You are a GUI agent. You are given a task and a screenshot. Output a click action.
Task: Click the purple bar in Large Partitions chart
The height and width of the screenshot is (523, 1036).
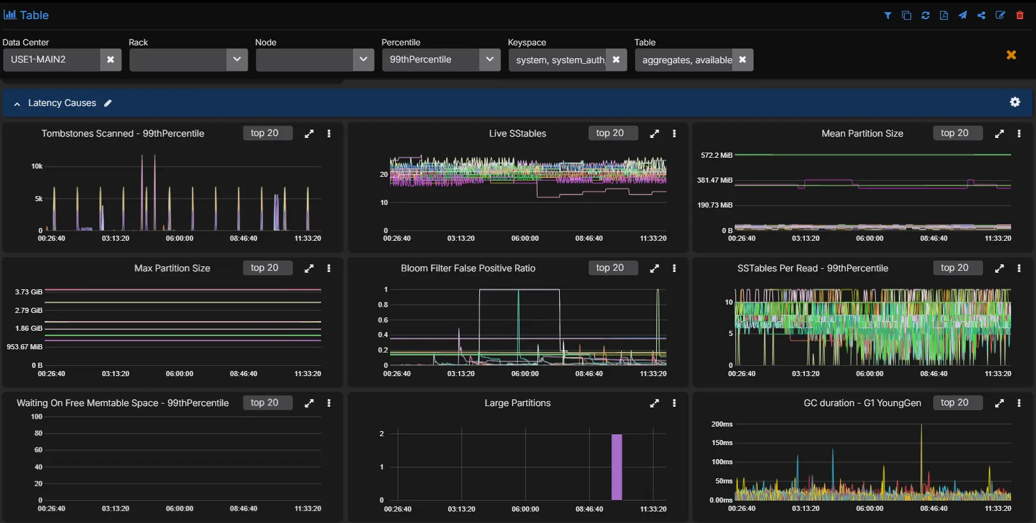(617, 467)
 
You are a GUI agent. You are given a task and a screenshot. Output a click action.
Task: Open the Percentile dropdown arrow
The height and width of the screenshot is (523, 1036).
(490, 59)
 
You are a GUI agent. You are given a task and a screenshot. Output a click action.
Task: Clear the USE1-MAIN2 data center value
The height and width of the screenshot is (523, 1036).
(110, 59)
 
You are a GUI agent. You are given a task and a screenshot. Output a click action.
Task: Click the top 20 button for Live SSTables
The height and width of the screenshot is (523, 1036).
(610, 133)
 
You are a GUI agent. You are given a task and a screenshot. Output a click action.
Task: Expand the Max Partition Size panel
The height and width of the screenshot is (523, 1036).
(309, 268)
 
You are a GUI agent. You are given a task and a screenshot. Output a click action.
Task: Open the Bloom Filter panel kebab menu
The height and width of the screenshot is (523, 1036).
(674, 268)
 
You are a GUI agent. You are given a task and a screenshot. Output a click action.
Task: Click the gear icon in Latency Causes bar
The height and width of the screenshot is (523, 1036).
(1015, 102)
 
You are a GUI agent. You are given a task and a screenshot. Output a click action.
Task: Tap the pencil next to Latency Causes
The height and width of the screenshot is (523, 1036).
(108, 103)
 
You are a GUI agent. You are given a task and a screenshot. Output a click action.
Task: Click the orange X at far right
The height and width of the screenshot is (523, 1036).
(1011, 55)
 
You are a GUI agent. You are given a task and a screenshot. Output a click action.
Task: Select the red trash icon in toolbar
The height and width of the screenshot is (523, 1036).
(1020, 15)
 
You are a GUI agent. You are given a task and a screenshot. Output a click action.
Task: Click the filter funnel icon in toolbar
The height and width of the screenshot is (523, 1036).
(888, 15)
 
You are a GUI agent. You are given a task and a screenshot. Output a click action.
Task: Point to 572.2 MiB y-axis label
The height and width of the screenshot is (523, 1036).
(716, 155)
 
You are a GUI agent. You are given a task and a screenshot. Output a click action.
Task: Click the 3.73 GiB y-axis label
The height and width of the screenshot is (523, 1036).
(29, 292)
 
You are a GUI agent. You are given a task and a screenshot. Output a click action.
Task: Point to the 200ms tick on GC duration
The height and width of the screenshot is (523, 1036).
(722, 424)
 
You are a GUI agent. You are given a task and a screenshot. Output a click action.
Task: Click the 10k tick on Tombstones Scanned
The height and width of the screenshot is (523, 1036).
(37, 166)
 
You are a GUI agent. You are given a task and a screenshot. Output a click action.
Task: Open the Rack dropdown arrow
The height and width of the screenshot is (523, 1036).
(237, 59)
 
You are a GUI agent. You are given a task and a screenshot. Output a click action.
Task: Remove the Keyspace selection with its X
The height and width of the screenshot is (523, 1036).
(616, 59)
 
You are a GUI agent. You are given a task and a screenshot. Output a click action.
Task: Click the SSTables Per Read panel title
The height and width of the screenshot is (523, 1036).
(813, 268)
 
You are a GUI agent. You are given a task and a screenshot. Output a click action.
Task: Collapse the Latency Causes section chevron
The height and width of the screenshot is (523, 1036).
(17, 103)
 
